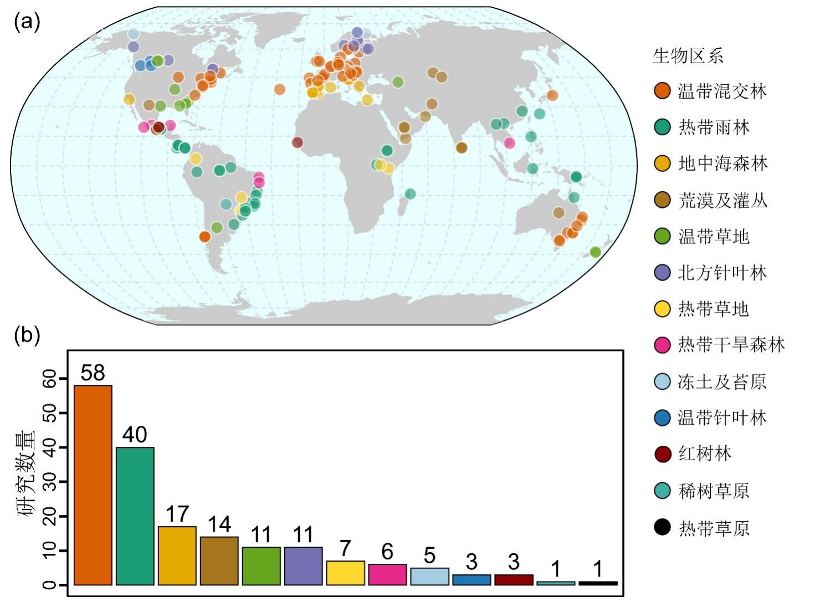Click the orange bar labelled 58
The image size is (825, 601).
tap(93, 485)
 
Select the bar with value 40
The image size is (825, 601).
tap(135, 516)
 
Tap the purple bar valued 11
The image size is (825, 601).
tap(303, 566)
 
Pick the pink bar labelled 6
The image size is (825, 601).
tap(387, 574)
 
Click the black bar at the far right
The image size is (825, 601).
tap(598, 583)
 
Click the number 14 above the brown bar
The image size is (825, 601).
tap(219, 524)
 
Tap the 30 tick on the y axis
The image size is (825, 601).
tap(49, 482)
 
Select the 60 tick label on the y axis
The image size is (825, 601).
tap(49, 379)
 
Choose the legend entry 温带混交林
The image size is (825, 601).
tap(722, 91)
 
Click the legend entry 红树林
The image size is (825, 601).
tap(705, 454)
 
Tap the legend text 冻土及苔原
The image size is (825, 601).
tap(722, 381)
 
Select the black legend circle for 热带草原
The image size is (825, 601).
tap(662, 527)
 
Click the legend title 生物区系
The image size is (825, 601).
tap(688, 56)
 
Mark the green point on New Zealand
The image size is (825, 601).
tap(595, 252)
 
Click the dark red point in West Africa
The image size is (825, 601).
tap(298, 142)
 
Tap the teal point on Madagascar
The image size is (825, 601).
tap(410, 193)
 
